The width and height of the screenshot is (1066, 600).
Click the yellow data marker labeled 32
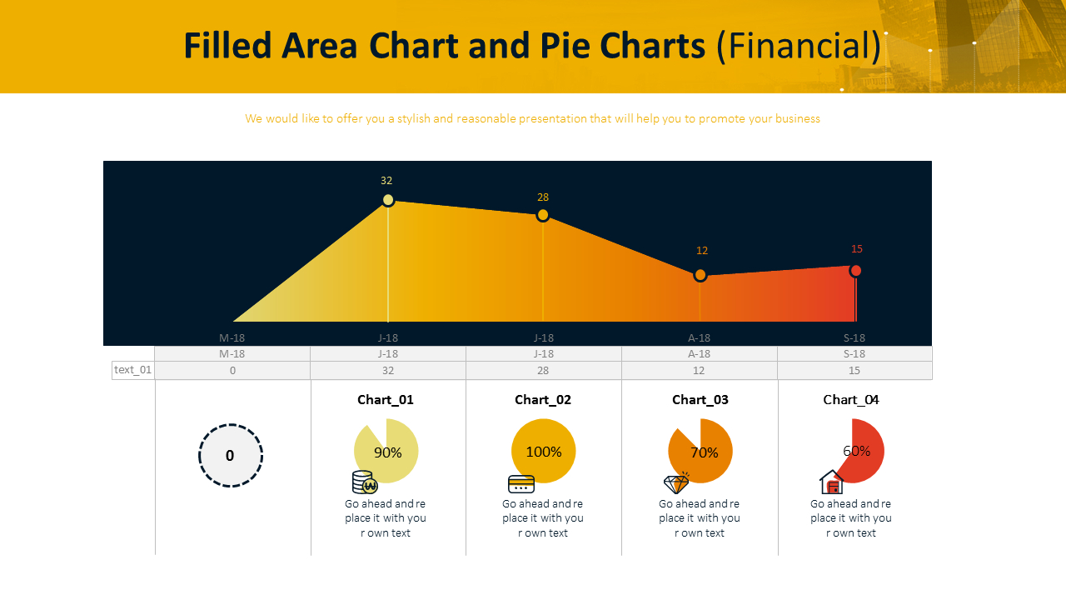[x=388, y=200]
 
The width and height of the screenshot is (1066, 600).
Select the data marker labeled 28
[x=543, y=215]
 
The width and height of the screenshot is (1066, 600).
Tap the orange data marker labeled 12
[x=700, y=275]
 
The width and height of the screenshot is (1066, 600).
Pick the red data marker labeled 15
[x=855, y=271]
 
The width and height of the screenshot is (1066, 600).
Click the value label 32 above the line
[x=386, y=180]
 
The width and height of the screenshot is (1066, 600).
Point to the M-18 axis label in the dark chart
[x=232, y=337]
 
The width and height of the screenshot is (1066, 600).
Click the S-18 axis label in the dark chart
[x=854, y=337]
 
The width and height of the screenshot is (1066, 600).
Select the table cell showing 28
[x=543, y=370]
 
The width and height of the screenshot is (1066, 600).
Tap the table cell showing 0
[x=232, y=370]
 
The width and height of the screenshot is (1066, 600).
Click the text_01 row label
[x=133, y=370]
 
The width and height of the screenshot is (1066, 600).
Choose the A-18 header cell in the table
[x=699, y=353]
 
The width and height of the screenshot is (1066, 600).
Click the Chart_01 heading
[x=386, y=399]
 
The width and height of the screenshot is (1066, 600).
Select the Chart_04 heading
[x=851, y=399]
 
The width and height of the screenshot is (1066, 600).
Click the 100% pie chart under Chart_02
[x=543, y=451]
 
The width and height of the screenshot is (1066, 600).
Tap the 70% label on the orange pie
[x=705, y=452]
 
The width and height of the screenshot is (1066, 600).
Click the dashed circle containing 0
[x=231, y=455]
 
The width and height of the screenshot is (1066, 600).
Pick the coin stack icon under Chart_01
[x=364, y=482]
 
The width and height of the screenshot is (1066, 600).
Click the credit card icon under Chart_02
[x=521, y=484]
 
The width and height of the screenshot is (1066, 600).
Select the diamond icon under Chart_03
[x=676, y=483]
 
